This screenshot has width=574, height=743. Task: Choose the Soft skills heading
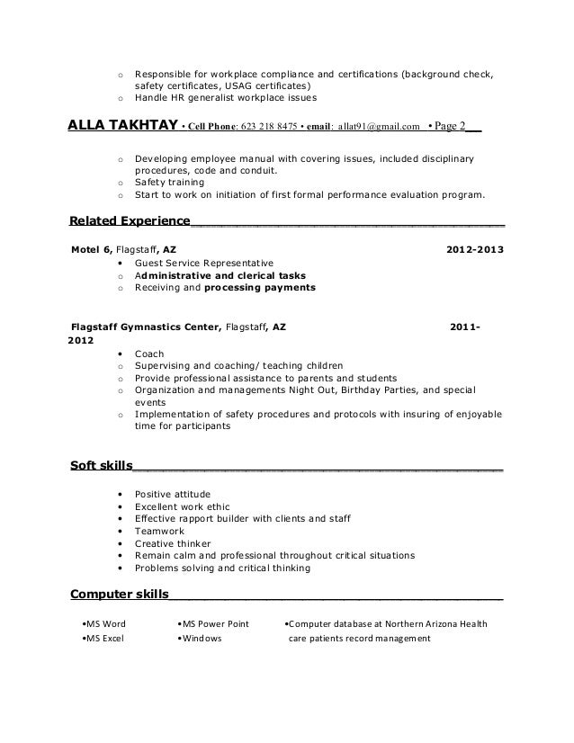(x=101, y=466)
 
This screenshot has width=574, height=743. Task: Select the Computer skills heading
(x=119, y=595)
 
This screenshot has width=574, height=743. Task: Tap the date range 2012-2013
(x=475, y=250)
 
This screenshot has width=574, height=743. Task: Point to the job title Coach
(x=149, y=354)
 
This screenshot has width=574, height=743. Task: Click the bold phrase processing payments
(x=260, y=288)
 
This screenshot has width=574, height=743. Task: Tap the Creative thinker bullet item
(x=173, y=543)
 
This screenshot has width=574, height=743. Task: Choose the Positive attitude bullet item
(x=172, y=494)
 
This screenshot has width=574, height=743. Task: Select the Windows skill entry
(x=202, y=640)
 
